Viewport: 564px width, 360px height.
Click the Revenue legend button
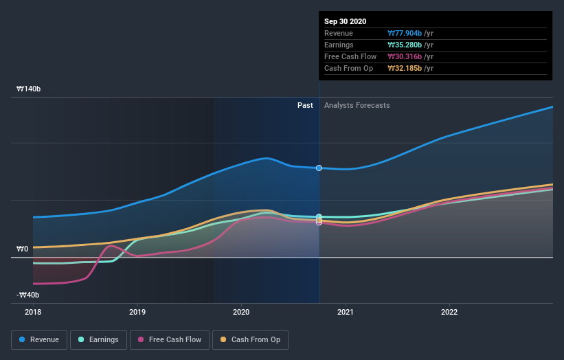coord(39,339)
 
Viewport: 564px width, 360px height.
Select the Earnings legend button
coord(99,339)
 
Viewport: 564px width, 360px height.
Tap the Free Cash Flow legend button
coord(169,339)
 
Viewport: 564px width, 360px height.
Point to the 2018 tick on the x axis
coord(33,311)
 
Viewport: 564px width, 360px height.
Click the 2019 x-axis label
coord(137,311)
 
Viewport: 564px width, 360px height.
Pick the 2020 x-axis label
coord(241,311)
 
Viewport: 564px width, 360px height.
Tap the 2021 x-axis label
coord(345,311)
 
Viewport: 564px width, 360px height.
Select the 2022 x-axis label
coord(449,311)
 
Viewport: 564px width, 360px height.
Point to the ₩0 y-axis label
coord(23,249)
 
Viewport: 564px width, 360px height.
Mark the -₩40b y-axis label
coord(28,295)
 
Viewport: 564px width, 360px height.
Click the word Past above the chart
coord(305,105)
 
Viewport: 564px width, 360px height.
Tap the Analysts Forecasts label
coord(357,105)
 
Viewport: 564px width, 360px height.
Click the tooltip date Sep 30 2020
coord(346,21)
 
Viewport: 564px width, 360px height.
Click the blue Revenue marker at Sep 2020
coord(319,168)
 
